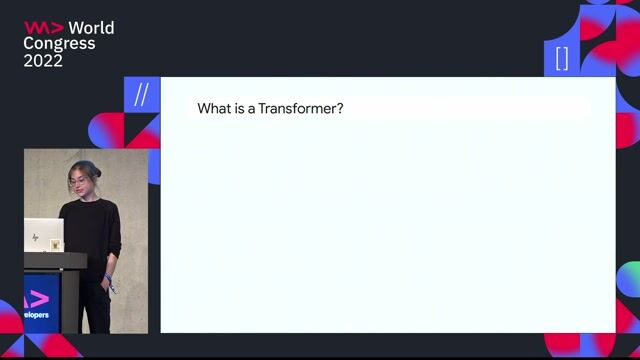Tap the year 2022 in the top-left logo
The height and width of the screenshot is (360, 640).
(x=43, y=60)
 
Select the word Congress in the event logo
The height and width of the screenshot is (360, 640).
(x=59, y=44)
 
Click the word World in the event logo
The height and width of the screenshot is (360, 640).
(x=91, y=28)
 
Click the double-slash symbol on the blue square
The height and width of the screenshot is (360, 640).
(x=141, y=95)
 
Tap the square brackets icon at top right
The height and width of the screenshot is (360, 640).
(x=561, y=58)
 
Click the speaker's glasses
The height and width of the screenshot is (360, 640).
(x=79, y=184)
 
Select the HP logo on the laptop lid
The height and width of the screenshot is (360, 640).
(x=37, y=237)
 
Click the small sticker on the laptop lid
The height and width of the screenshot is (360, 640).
(x=55, y=243)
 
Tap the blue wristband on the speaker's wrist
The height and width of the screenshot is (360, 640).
(x=108, y=277)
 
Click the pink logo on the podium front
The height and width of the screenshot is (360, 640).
(x=37, y=297)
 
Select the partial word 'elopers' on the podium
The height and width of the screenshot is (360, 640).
(x=38, y=314)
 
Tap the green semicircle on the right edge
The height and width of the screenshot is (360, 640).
(x=629, y=279)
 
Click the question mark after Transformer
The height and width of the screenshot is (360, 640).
(x=340, y=108)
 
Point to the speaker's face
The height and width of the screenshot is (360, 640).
(x=80, y=186)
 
